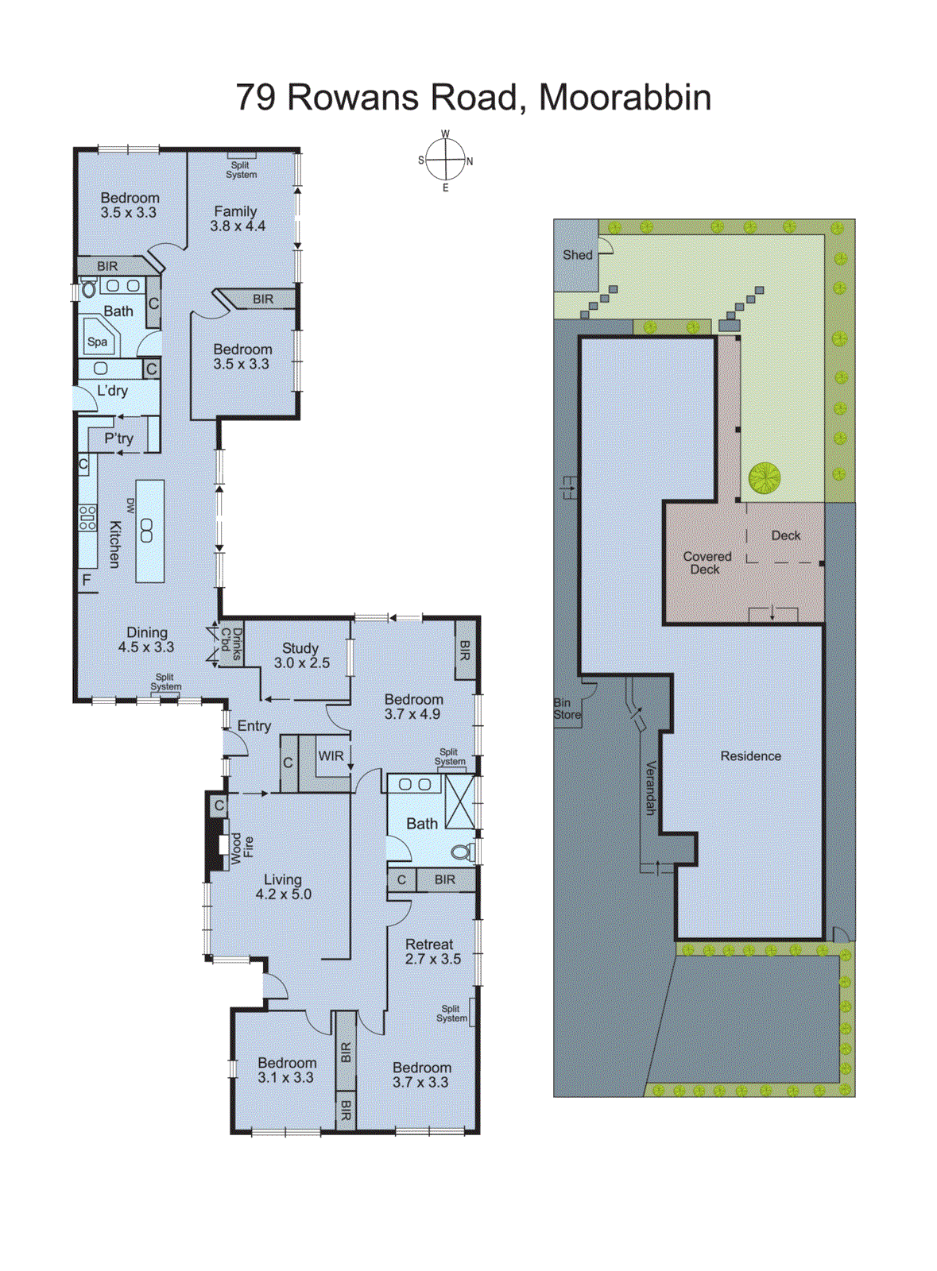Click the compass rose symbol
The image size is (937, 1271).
(x=445, y=160)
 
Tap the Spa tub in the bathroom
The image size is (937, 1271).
(x=99, y=340)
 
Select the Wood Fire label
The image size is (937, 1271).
(x=242, y=848)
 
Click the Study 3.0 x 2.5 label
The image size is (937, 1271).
(x=301, y=655)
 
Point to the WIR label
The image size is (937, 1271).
(x=331, y=755)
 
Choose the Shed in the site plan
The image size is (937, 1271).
(x=577, y=255)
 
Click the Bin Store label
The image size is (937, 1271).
(x=567, y=709)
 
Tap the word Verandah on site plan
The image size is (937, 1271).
(x=650, y=787)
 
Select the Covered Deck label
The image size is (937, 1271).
(x=706, y=562)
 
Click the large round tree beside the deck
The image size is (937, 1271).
(x=764, y=477)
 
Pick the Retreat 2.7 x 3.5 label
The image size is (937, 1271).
(x=432, y=951)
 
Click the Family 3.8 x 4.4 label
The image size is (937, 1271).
(x=237, y=218)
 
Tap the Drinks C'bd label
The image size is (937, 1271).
(x=231, y=643)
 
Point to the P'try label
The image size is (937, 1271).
(x=119, y=438)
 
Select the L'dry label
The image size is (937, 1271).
(x=112, y=390)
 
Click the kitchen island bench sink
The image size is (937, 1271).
(x=147, y=530)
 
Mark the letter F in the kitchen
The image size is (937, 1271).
(x=87, y=581)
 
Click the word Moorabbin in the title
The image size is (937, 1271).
(x=625, y=97)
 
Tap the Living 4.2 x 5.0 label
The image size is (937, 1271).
(x=283, y=887)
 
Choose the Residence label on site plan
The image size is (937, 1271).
(x=750, y=756)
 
